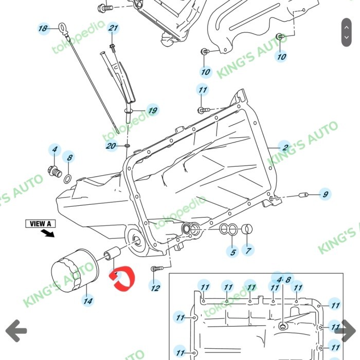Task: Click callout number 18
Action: pos(43,28)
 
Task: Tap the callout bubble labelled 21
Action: pos(113,28)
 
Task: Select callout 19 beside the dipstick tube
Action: pos(152,110)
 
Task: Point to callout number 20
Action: pos(111,147)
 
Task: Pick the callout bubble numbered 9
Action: pos(325,194)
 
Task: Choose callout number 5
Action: pos(233,252)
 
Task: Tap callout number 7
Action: pos(249,251)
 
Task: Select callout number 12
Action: pos(155,288)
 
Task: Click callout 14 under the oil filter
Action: pos(88,300)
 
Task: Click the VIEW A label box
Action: pos(41,224)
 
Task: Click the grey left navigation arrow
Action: pos(16,330)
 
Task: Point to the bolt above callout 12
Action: pos(156,268)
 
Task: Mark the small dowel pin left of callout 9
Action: pos(303,195)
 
